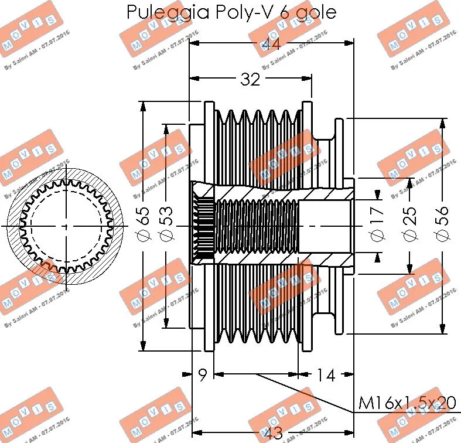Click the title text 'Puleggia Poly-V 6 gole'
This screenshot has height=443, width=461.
click(x=231, y=12)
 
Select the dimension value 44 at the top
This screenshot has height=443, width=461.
click(x=270, y=44)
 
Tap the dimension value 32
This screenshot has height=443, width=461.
click(x=250, y=80)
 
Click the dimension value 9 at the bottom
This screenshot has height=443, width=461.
click(x=203, y=374)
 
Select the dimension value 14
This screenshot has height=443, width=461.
click(x=325, y=374)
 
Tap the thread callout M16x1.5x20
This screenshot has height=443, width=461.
click(x=407, y=403)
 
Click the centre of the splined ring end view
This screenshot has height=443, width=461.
click(x=65, y=226)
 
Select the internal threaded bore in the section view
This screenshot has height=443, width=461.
click(x=257, y=226)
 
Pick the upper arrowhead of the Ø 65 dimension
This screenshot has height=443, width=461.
click(x=143, y=106)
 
